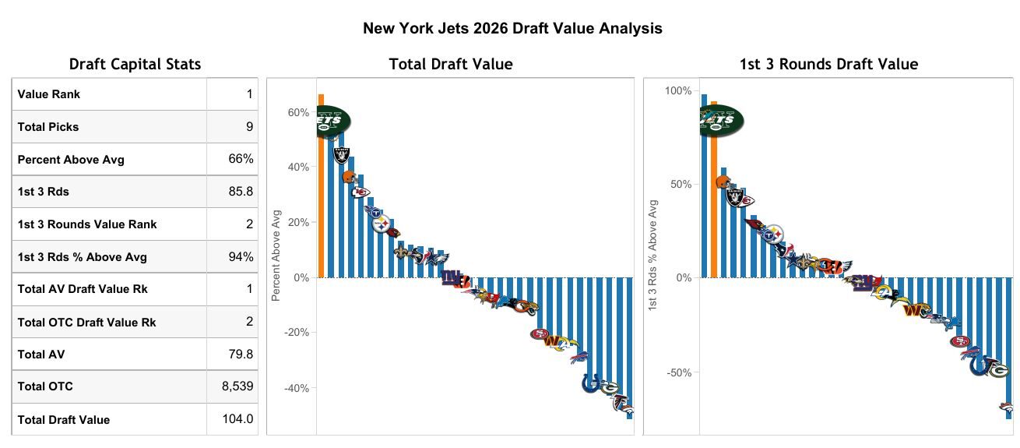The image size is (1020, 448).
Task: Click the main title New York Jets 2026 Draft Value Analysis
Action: (512, 29)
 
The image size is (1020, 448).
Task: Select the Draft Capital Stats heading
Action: (135, 65)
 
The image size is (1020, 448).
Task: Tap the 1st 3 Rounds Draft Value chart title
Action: (828, 65)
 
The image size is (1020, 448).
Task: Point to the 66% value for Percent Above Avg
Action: (241, 160)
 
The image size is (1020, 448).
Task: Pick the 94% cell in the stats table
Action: (241, 257)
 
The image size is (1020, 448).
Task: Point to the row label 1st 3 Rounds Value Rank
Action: (87, 224)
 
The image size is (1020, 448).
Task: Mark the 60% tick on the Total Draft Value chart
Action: (298, 112)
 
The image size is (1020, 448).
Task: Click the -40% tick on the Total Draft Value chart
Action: (297, 388)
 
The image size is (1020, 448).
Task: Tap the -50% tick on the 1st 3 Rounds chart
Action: (678, 372)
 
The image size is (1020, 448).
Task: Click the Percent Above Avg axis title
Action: (276, 256)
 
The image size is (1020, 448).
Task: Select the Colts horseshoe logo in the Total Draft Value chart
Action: (592, 383)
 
